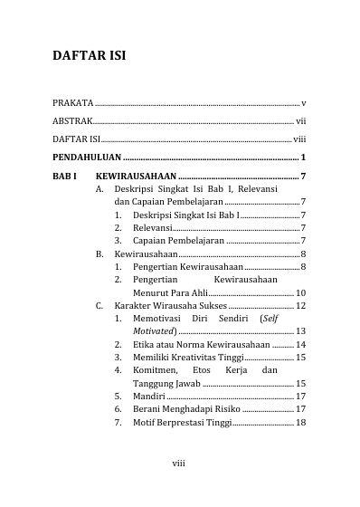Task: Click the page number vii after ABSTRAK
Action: (x=300, y=120)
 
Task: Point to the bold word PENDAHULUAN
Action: (x=87, y=156)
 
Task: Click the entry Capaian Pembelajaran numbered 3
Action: (x=177, y=242)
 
